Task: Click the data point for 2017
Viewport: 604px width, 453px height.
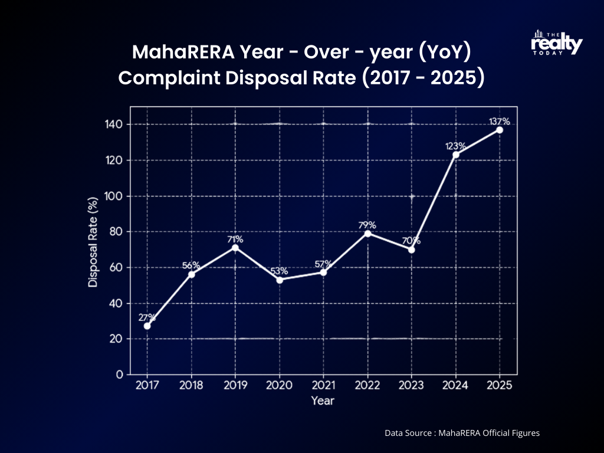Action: tap(147, 326)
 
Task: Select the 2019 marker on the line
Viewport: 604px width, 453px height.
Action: tap(235, 248)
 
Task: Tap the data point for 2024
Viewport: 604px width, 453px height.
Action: tap(455, 155)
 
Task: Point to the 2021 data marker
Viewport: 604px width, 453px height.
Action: tap(323, 272)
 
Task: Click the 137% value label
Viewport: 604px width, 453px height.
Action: tap(499, 122)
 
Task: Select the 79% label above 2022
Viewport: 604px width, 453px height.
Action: tap(367, 225)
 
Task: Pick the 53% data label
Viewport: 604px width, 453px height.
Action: tap(279, 271)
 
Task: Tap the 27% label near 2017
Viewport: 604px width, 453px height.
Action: tap(147, 317)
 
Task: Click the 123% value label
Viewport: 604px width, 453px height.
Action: tap(455, 146)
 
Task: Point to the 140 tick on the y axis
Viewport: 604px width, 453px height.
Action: tap(114, 124)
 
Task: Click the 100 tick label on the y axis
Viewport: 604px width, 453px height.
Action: tap(114, 196)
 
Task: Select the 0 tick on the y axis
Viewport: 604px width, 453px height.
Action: tap(119, 375)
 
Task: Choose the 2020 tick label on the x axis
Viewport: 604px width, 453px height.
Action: tap(279, 386)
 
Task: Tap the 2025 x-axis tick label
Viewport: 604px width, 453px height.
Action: tap(499, 386)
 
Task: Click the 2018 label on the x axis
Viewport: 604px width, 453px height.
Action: tap(191, 386)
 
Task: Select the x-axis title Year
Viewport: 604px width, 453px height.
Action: tap(323, 401)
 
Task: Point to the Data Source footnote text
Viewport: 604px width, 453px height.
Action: tap(462, 433)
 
